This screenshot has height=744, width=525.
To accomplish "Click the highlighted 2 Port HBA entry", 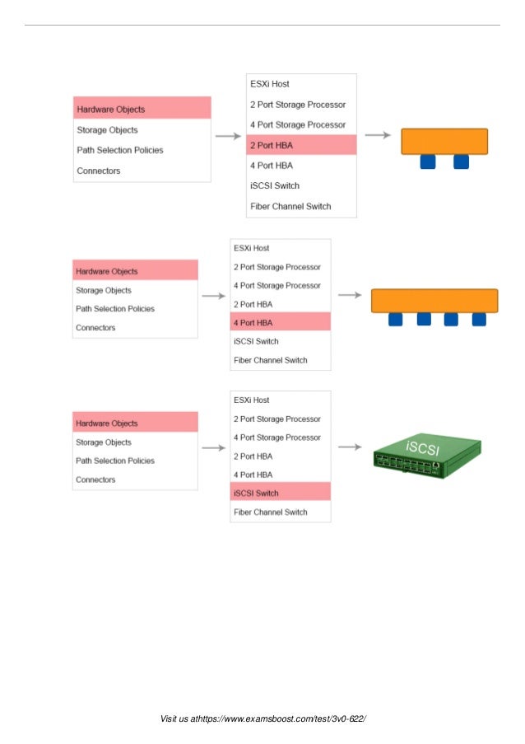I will pyautogui.click(x=301, y=145).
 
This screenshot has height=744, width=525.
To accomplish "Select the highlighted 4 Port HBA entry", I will pyautogui.click(x=281, y=322).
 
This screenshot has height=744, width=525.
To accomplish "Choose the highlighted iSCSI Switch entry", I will pyautogui.click(x=281, y=494).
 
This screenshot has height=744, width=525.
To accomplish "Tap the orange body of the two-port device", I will pyautogui.click(x=444, y=141).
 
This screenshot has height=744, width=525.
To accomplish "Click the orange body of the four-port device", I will pyautogui.click(x=434, y=300).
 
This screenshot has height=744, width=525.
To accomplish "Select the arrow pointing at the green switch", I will pyautogui.click(x=350, y=447).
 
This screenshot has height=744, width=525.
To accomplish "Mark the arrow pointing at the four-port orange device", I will pyautogui.click(x=350, y=295).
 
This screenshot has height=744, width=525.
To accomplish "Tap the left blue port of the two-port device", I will pyautogui.click(x=427, y=162).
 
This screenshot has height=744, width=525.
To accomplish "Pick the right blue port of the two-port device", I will pyautogui.click(x=461, y=162).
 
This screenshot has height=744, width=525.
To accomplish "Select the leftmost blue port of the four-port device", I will pyautogui.click(x=396, y=320).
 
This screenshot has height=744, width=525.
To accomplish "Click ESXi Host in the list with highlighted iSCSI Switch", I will pyautogui.click(x=252, y=400).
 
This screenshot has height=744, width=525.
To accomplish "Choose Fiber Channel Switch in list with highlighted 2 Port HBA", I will pyautogui.click(x=290, y=206).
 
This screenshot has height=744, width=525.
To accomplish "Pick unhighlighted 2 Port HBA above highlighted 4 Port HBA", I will pyautogui.click(x=254, y=304).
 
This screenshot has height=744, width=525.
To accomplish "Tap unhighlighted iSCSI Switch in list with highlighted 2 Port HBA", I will pyautogui.click(x=274, y=185).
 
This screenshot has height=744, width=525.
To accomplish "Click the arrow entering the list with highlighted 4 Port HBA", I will pyautogui.click(x=214, y=296).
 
